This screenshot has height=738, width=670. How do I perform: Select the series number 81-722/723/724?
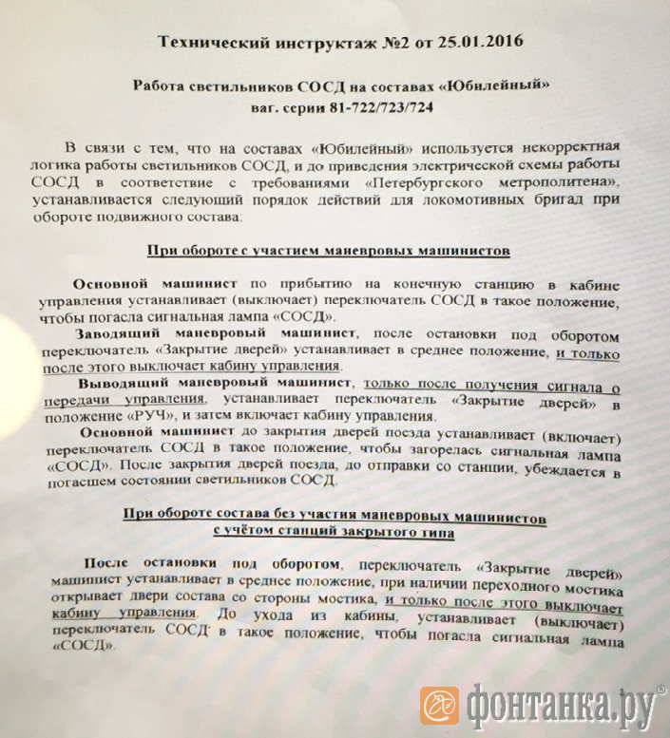click(x=363, y=108)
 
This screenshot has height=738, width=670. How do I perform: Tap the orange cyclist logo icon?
click(x=439, y=707)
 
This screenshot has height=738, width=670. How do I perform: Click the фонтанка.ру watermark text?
click(x=560, y=707)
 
